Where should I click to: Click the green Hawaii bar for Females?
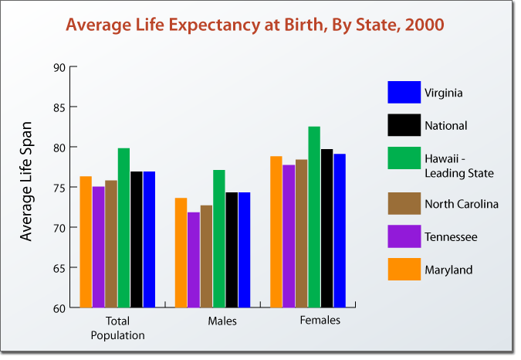click(314, 217)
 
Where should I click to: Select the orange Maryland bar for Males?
click(181, 253)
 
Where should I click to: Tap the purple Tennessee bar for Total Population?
click(98, 247)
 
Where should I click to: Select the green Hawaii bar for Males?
click(219, 239)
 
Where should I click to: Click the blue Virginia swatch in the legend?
click(404, 93)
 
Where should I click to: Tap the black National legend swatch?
click(404, 125)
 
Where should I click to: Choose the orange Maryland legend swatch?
click(404, 269)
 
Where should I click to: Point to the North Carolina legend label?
click(462, 204)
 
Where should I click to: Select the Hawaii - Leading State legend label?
click(458, 165)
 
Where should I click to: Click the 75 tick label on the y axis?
click(59, 188)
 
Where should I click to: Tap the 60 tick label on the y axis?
click(59, 308)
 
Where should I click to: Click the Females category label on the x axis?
click(320, 320)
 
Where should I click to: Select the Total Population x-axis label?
click(117, 328)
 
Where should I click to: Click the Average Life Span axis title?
click(27, 180)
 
